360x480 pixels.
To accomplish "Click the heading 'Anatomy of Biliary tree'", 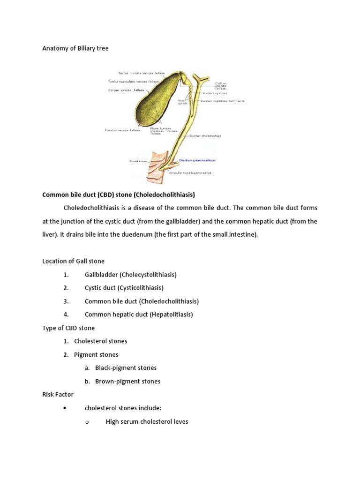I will click(x=75, y=48).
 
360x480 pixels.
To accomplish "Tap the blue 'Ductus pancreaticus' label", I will click(x=197, y=160).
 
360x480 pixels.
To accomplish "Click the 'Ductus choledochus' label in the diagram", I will click(x=205, y=136).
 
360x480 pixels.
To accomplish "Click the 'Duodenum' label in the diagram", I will click(x=138, y=161).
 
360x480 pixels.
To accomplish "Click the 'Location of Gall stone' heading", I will click(x=74, y=261).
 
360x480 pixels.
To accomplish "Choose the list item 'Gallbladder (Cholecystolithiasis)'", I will click(x=130, y=275).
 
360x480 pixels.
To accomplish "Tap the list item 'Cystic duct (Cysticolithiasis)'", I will click(x=124, y=288).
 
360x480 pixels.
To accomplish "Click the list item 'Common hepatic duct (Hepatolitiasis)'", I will click(x=139, y=315).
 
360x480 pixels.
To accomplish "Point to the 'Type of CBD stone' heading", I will click(x=68, y=328).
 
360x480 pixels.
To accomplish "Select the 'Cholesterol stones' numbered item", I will click(x=100, y=341).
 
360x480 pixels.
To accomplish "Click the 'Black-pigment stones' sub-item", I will click(x=126, y=368).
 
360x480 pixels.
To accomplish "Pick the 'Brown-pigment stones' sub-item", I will click(x=127, y=381).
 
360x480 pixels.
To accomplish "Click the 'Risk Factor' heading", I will click(x=58, y=394).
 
